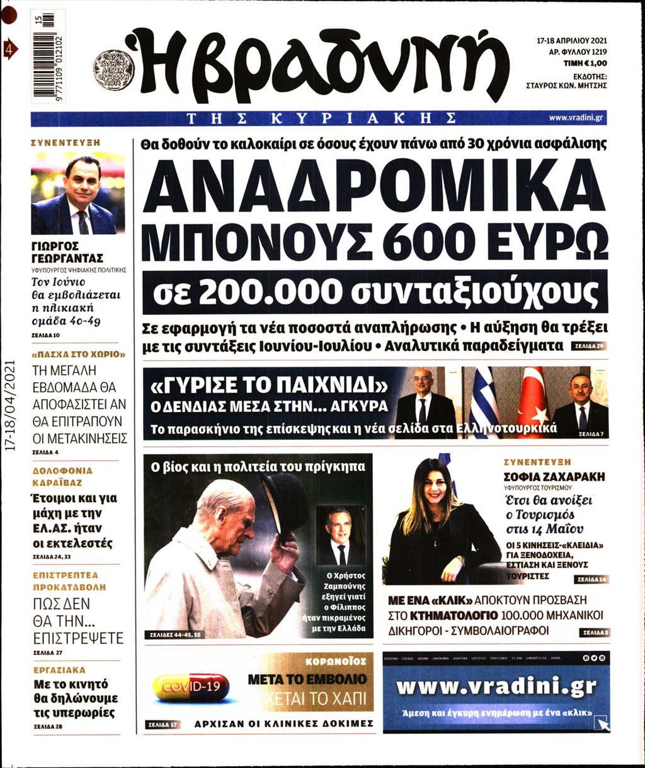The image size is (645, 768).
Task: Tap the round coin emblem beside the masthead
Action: [114, 69]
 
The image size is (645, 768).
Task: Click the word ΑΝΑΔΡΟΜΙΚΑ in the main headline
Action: [375, 186]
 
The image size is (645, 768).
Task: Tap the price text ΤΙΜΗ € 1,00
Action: [585, 64]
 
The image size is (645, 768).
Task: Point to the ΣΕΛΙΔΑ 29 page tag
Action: [588, 347]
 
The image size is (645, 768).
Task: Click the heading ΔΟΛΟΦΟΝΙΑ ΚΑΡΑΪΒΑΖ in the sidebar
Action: [62, 476]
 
